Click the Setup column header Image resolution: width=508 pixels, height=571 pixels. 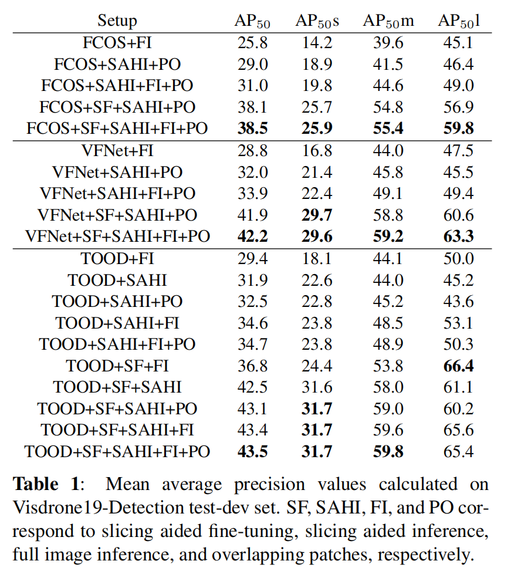point(117,22)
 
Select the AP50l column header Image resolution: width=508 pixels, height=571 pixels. point(459,22)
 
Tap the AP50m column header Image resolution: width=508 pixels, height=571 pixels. point(388,22)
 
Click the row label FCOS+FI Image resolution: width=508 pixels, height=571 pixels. point(117,43)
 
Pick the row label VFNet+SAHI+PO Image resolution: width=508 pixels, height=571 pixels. point(117,172)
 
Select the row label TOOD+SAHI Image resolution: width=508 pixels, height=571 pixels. point(117,280)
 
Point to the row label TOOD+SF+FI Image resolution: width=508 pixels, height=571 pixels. point(117,366)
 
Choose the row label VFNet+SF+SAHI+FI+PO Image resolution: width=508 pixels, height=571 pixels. point(117,236)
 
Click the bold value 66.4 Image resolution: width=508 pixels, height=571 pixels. point(459,366)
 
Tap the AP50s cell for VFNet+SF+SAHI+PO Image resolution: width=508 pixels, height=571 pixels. point(317,215)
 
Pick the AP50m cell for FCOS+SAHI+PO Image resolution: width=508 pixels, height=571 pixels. point(388,64)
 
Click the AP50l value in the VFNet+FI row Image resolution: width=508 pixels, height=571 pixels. point(459,150)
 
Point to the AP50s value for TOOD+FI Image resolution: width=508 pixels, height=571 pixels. point(317,258)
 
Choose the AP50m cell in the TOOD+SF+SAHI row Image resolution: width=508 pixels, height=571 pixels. point(388,387)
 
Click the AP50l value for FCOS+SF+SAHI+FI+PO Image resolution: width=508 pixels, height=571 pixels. point(459,129)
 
